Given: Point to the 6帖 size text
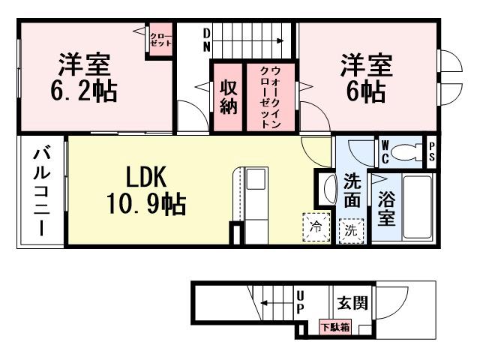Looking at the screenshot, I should pos(365,91).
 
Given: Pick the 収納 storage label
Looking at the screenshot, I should pos(229,97).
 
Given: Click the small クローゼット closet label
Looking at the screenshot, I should pos(160,39).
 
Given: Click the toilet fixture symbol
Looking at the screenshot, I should pos(408,152).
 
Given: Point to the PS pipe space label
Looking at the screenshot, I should pos(432,152).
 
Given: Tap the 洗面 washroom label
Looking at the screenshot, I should pos(352,191).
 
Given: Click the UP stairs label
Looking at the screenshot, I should pos(300,302).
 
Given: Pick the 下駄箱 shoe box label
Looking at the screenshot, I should pos(334,327).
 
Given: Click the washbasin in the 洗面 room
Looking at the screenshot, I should pos(328,190).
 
